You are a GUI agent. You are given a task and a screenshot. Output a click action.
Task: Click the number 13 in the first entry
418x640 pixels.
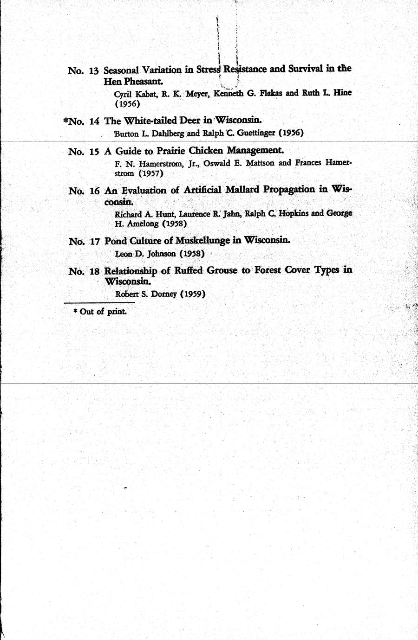coord(93,71)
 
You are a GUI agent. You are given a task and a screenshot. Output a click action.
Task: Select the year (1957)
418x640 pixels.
coord(152,173)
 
